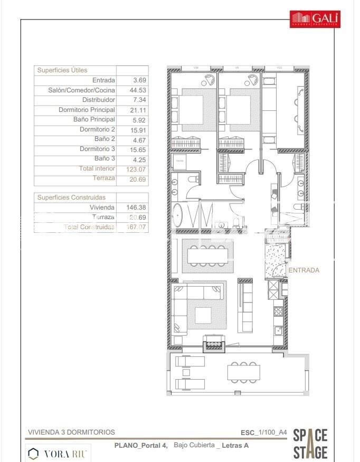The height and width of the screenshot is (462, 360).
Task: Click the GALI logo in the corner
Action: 316,19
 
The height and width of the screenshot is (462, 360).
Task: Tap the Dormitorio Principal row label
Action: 87,110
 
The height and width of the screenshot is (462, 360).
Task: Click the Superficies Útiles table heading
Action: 62,70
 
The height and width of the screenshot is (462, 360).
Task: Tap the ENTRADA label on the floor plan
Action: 304,270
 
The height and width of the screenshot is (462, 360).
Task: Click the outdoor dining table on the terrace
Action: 243,372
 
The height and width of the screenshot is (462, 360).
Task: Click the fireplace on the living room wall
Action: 214,345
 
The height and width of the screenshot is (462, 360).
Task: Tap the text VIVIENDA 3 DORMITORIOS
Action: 71,432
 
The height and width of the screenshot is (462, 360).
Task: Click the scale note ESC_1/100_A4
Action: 263,432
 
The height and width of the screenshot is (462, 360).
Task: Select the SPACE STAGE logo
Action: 310,444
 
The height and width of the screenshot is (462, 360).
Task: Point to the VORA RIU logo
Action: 59,453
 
